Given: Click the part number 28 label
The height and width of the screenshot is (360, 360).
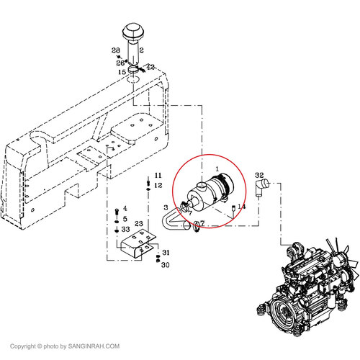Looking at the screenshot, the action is pos(116,50).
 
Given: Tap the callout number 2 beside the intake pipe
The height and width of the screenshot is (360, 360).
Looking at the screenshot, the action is pos(142,50).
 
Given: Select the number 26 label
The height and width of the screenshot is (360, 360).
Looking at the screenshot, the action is pos(120,63).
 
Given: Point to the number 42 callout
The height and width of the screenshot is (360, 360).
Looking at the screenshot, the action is pos(150,67).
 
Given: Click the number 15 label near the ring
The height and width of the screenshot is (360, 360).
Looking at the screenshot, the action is pos(122,72).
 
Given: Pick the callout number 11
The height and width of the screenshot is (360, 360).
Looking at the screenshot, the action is pos(158,175).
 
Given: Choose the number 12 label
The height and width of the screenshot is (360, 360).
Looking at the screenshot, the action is pos(158,185).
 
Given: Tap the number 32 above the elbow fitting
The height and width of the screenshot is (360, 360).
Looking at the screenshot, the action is pos(259,175).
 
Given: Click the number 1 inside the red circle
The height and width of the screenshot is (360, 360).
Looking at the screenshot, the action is pos(217,169).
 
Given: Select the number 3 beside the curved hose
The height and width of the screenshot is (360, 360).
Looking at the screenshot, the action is pos(166,207).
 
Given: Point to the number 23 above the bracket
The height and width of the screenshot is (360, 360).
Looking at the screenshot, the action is pos(139,224).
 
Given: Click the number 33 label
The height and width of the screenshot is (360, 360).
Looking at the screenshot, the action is pos(125,229).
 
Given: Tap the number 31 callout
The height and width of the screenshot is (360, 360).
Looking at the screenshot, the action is pos(166,253).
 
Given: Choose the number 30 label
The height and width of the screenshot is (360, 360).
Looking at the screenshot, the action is pos(166,265).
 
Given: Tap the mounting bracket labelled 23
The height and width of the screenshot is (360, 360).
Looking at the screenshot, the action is pos(138,243).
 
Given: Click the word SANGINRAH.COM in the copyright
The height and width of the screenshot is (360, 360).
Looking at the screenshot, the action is pos(94,346).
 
